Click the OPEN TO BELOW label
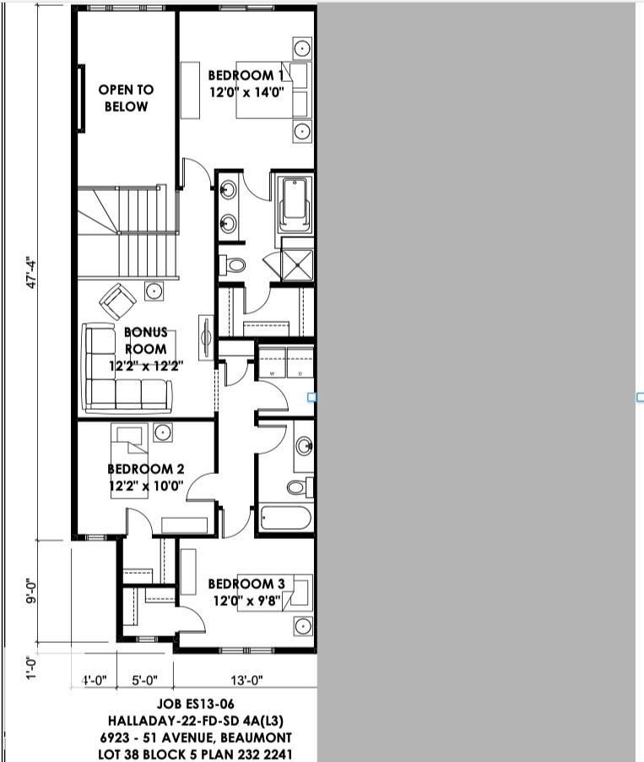[x=126, y=98]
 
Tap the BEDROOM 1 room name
[x=246, y=75]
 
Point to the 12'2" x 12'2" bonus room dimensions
[x=146, y=366]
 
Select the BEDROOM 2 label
[x=146, y=469]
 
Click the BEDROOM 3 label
[x=246, y=584]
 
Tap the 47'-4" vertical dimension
[x=31, y=275]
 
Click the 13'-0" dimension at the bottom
[x=246, y=680]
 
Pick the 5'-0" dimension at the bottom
[x=144, y=680]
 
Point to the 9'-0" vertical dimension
[x=31, y=591]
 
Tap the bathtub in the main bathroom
[x=285, y=519]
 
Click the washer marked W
[x=272, y=362]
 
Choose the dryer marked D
[x=300, y=362]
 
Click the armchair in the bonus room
[x=117, y=302]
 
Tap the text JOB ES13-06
[x=195, y=703]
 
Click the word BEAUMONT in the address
[x=256, y=738]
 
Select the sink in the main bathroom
[x=305, y=446]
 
